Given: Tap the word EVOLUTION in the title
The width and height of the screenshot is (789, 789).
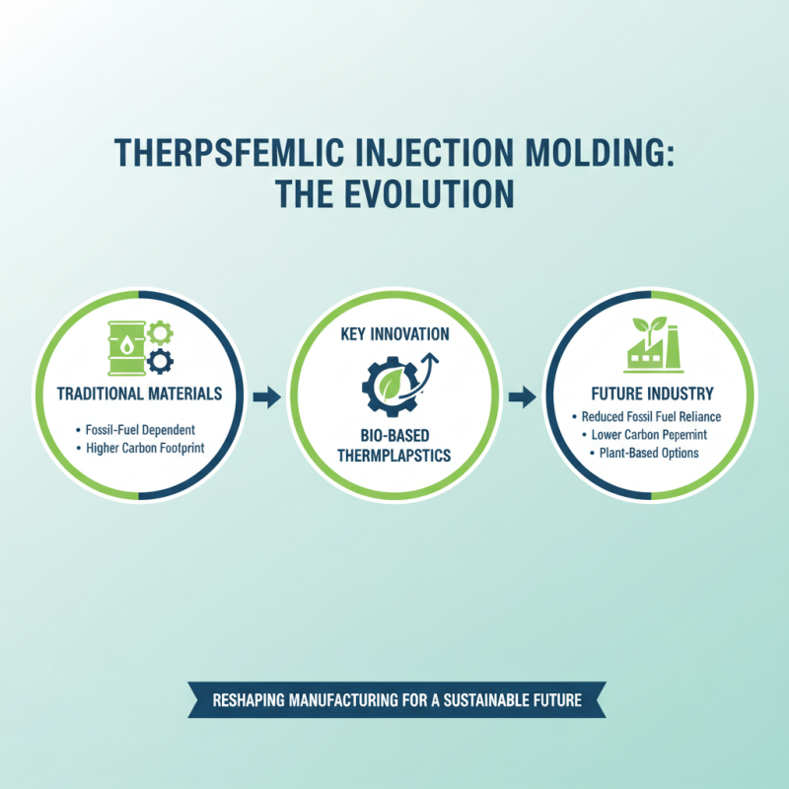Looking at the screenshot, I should [x=435, y=192].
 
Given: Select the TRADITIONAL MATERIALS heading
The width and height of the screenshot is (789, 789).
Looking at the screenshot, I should [x=139, y=393].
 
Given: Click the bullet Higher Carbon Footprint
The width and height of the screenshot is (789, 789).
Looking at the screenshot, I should [x=140, y=450].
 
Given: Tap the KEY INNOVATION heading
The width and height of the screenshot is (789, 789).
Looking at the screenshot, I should [x=394, y=334].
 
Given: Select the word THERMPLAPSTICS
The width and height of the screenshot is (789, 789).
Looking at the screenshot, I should [x=394, y=455].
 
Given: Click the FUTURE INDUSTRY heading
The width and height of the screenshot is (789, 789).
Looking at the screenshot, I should [x=650, y=394].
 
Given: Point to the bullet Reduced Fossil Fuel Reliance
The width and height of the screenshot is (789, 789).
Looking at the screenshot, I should [x=650, y=417].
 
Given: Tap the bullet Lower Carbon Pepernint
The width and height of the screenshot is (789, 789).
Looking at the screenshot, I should [x=650, y=435].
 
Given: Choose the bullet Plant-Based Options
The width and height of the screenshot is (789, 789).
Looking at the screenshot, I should [x=650, y=453].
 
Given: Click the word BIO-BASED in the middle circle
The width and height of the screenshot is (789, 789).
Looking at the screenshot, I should [x=394, y=435].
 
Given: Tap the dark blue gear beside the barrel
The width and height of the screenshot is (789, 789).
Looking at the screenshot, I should [x=158, y=362].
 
